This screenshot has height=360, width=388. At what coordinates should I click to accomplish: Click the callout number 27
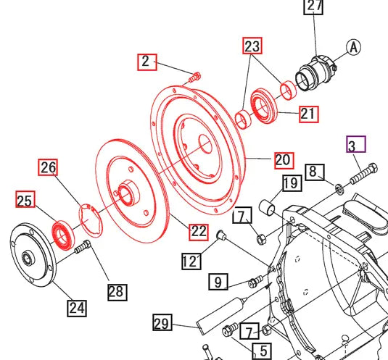pyautogui.click(x=313, y=7)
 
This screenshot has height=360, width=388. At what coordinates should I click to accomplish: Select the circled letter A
pyautogui.click(x=353, y=48)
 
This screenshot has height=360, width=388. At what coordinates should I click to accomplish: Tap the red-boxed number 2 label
pyautogui.click(x=147, y=62)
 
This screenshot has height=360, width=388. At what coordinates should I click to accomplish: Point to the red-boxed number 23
pyautogui.click(x=252, y=48)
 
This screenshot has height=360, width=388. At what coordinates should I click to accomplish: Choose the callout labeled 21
pyautogui.click(x=308, y=114)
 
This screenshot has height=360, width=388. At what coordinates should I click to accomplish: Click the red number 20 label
pyautogui.click(x=283, y=159)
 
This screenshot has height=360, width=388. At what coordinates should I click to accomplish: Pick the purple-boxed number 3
pyautogui.click(x=355, y=146)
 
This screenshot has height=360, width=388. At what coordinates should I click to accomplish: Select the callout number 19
pyautogui.click(x=291, y=183)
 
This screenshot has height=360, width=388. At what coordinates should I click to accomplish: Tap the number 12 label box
pyautogui.click(x=191, y=261)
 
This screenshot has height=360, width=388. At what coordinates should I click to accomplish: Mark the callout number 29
pyautogui.click(x=162, y=322)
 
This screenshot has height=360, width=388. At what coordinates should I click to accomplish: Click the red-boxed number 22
pyautogui.click(x=199, y=232)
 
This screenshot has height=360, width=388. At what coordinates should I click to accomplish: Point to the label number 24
pyautogui.click(x=77, y=307)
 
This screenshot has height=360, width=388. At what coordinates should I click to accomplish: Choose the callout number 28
pyautogui.click(x=116, y=292)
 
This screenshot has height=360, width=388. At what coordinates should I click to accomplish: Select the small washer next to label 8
pyautogui.click(x=339, y=188)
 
